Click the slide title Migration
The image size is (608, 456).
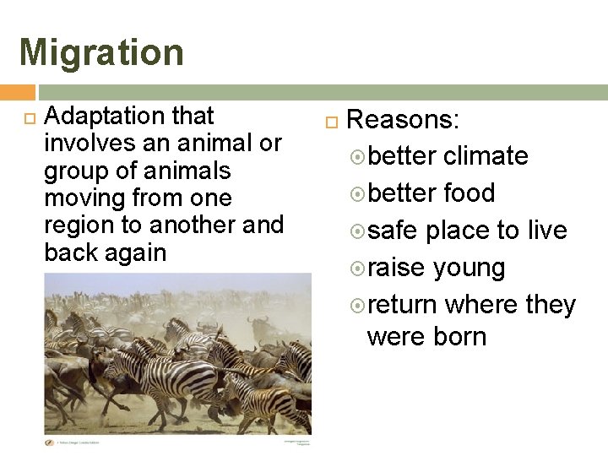[101, 52]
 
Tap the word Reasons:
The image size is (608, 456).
[403, 120]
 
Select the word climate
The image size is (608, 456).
[486, 156]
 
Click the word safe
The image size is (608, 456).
[394, 231]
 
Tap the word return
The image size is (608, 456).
[404, 304]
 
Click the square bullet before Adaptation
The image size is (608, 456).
[25, 116]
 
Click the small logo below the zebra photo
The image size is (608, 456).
[49, 441]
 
